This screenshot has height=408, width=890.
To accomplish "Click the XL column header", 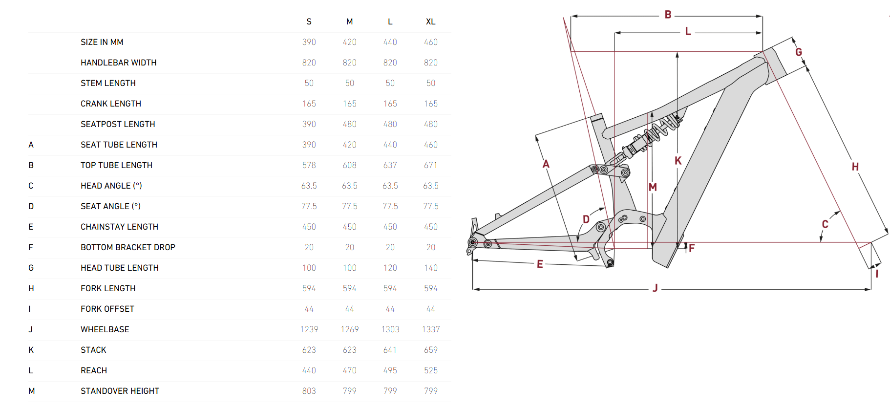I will tap(430, 21).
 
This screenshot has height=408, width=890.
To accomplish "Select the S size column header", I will tap(309, 21).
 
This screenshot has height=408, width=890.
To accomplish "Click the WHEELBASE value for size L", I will tap(390, 329).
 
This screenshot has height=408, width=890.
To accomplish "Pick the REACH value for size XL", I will tap(430, 370).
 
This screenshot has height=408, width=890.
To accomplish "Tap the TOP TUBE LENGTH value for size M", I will tap(349, 165).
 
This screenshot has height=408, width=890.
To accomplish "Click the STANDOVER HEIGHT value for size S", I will tap(309, 391).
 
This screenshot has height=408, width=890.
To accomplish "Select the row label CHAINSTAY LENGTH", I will tap(119, 227).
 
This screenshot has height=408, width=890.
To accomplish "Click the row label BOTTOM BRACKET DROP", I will tap(127, 247).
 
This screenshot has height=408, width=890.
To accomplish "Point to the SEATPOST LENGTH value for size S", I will tap(309, 124).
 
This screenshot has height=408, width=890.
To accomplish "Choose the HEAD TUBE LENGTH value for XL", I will tap(430, 268).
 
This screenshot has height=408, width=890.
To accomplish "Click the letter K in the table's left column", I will tap(31, 350).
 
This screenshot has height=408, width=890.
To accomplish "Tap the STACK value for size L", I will tap(390, 350).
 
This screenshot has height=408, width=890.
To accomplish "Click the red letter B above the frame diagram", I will tap(668, 15).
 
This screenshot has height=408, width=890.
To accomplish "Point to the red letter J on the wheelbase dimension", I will tap(655, 288).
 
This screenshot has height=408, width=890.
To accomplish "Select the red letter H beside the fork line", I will tap(855, 167).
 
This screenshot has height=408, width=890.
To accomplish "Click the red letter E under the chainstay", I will tap(540, 264).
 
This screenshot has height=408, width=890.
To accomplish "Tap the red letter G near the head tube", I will tap(799, 52).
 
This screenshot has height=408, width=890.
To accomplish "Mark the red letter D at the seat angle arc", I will tap(586, 219).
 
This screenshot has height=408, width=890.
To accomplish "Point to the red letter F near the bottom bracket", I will tap(692, 248).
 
